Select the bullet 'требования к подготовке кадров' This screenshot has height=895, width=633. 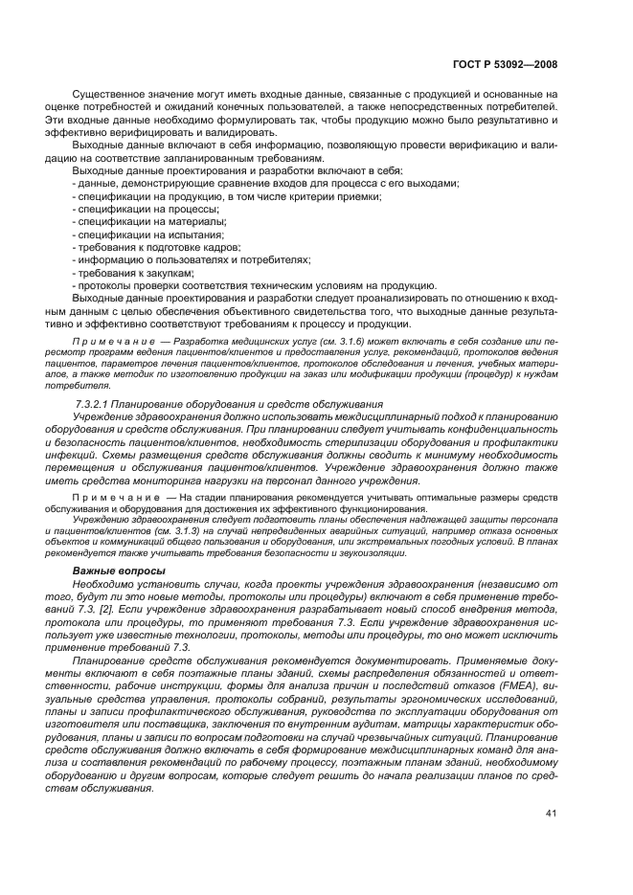click(158, 247)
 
